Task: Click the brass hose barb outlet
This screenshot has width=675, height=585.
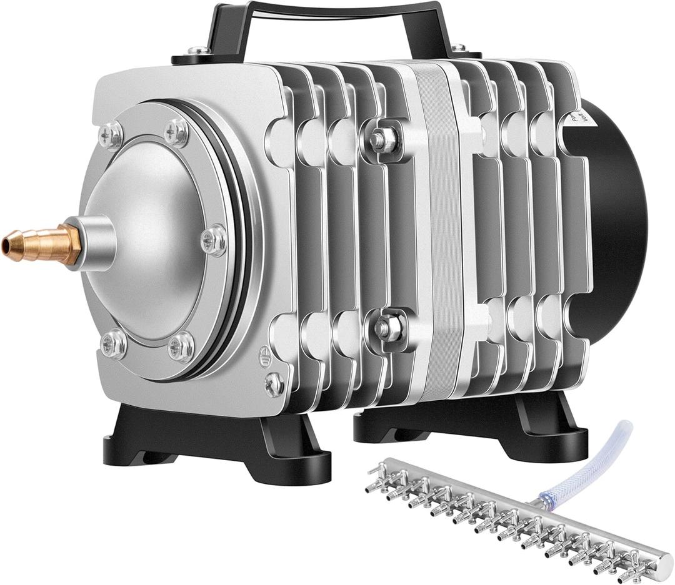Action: click(x=41, y=245)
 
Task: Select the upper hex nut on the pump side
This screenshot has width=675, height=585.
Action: click(x=381, y=140)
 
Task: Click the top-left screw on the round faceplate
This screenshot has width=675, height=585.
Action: click(x=111, y=135)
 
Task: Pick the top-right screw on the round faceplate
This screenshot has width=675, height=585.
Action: click(x=176, y=132)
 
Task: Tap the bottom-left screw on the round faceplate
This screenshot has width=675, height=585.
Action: click(x=114, y=343)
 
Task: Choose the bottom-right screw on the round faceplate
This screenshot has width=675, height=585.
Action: click(x=181, y=347)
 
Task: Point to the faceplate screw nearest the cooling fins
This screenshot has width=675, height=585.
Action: click(x=214, y=240)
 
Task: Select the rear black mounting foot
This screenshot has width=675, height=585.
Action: click(x=475, y=425)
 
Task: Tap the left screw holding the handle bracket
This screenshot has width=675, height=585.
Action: click(x=199, y=50)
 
